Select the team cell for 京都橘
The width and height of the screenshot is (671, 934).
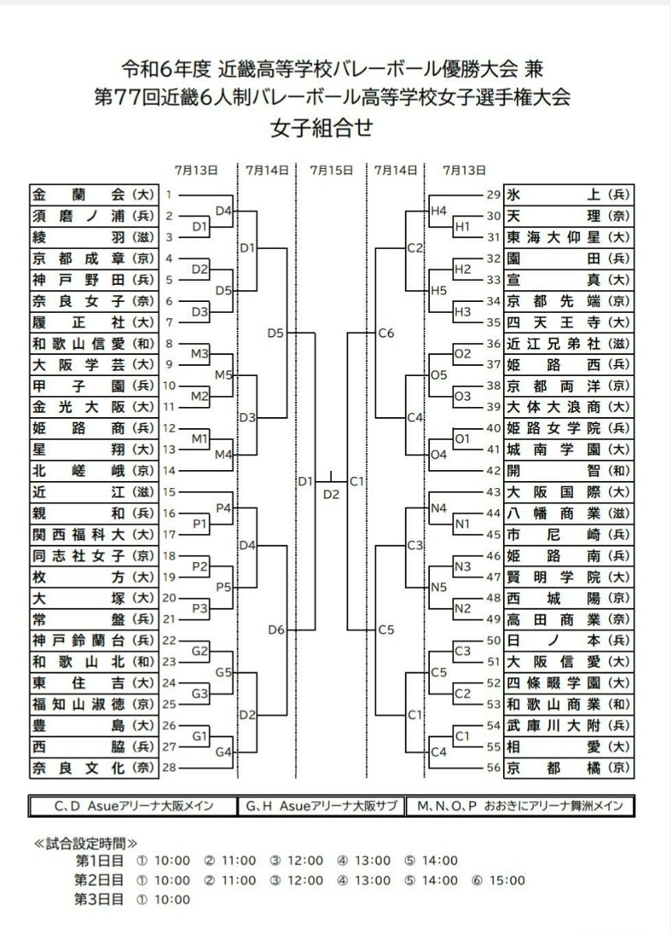click(568, 767)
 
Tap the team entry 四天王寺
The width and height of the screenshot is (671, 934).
click(568, 322)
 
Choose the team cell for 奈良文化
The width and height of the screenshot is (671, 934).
click(94, 767)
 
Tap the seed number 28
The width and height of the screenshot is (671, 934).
click(169, 767)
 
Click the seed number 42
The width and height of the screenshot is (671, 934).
click(494, 471)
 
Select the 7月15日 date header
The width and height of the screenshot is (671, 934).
click(331, 170)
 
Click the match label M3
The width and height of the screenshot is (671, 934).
click(200, 353)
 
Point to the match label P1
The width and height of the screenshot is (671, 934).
click(200, 524)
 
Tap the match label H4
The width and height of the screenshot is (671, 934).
click(439, 211)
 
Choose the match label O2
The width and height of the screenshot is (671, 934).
click(463, 353)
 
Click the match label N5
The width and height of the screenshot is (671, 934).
click(439, 587)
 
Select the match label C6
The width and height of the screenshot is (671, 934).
click(386, 333)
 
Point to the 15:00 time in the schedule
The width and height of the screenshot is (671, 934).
click(507, 880)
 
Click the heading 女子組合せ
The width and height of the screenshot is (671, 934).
click(322, 128)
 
